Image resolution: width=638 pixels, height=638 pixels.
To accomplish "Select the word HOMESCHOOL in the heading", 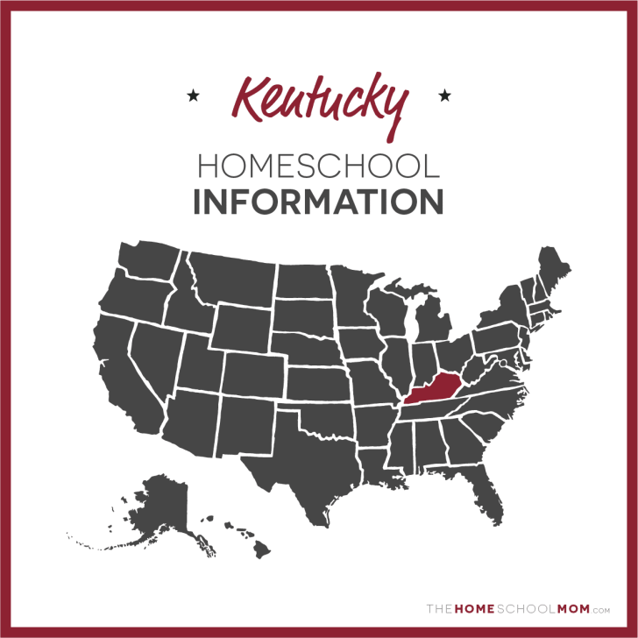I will pyautogui.click(x=318, y=166).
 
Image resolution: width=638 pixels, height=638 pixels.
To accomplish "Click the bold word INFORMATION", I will pyautogui.click(x=318, y=202).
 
